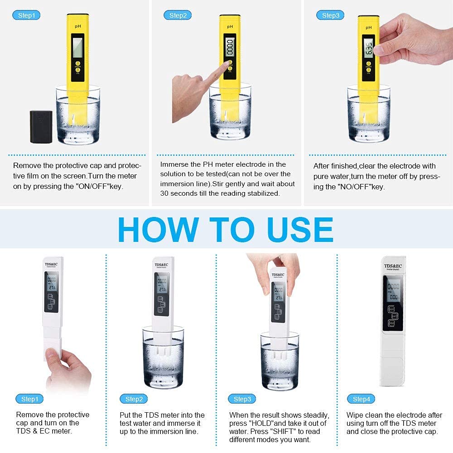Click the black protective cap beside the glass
(41, 127)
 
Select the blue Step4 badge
(361, 399)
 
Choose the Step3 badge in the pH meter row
(330, 15)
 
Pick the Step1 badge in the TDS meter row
(29, 399)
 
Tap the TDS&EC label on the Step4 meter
(392, 266)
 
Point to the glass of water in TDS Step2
(163, 353)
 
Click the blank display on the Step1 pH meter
(78, 47)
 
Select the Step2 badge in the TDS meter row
(134, 399)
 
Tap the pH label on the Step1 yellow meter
(77, 27)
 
